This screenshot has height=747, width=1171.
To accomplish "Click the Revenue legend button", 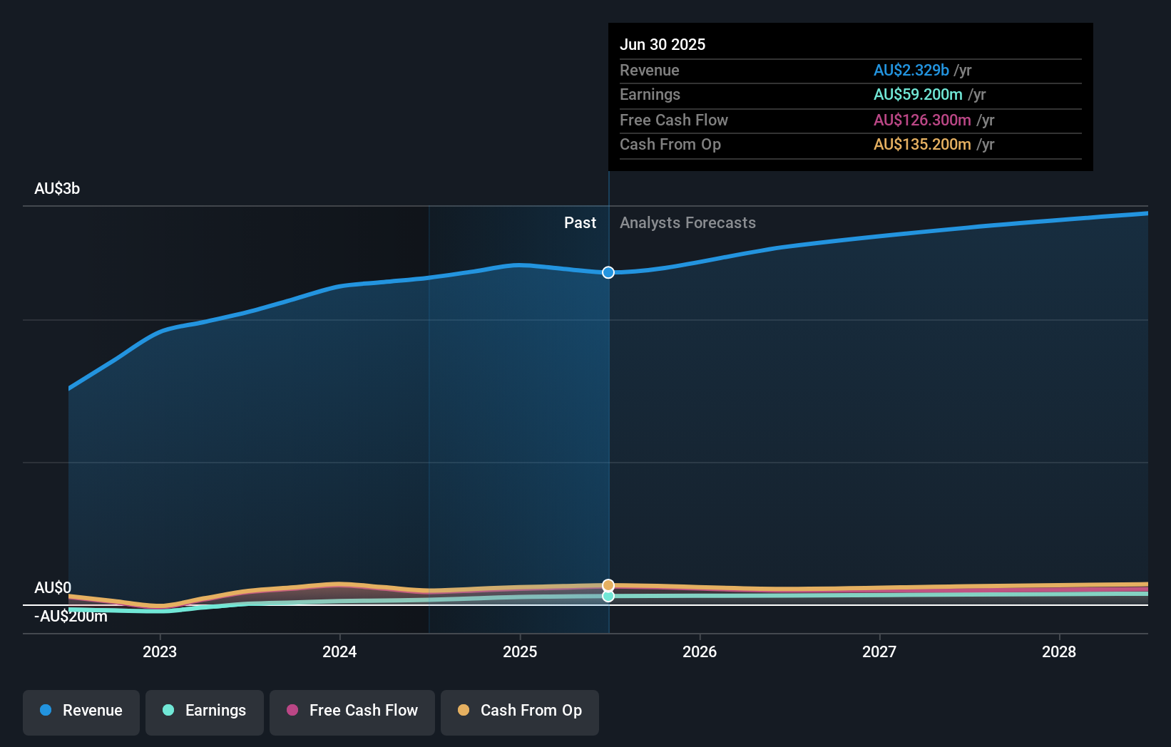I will coord(81,711).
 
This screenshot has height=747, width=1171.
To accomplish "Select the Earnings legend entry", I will coord(205,711).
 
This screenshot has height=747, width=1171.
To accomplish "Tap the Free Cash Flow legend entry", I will coord(352,711).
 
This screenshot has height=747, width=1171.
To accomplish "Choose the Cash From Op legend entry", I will coord(520,711).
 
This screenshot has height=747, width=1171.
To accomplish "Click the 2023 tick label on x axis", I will coord(160,652).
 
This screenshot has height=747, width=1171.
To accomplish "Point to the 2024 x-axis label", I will coord(339,652).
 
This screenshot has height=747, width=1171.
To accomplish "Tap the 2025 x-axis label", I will coord(520,652).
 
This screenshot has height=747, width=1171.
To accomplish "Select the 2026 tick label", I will coord(700,652).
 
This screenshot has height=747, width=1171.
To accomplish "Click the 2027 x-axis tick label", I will coord(879,652).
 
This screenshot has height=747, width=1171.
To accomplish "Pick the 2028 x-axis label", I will coord(1059,652).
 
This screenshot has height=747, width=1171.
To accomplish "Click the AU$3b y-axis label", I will coord(57,189).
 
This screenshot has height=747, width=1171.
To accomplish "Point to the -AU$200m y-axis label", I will coord(71,617).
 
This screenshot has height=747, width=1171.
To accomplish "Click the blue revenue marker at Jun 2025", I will coord(608,272).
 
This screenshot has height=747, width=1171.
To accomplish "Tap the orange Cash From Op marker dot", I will coord(608,585).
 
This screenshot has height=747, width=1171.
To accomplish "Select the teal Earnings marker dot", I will coord(608,596).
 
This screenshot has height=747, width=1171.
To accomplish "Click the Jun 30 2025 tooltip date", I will coord(663,45).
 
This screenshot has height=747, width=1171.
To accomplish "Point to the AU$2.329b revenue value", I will coord(911,71).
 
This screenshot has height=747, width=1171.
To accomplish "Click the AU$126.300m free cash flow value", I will coord(922,120).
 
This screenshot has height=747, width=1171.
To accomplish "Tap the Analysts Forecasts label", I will coord(687,223).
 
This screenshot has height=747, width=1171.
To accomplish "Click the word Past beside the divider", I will coord(580,223).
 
